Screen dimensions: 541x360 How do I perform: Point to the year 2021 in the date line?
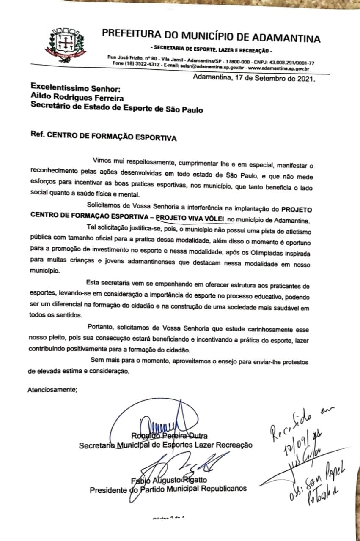click(x=304, y=78)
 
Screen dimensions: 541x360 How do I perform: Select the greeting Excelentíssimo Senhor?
click(x=76, y=89)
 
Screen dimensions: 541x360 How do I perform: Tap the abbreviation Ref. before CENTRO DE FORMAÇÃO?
click(x=37, y=137)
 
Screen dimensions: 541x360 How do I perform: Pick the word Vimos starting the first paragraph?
click(x=103, y=161)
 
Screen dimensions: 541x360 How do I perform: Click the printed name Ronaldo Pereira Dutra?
click(x=169, y=436)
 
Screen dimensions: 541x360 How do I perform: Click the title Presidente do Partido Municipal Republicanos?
click(x=168, y=490)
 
